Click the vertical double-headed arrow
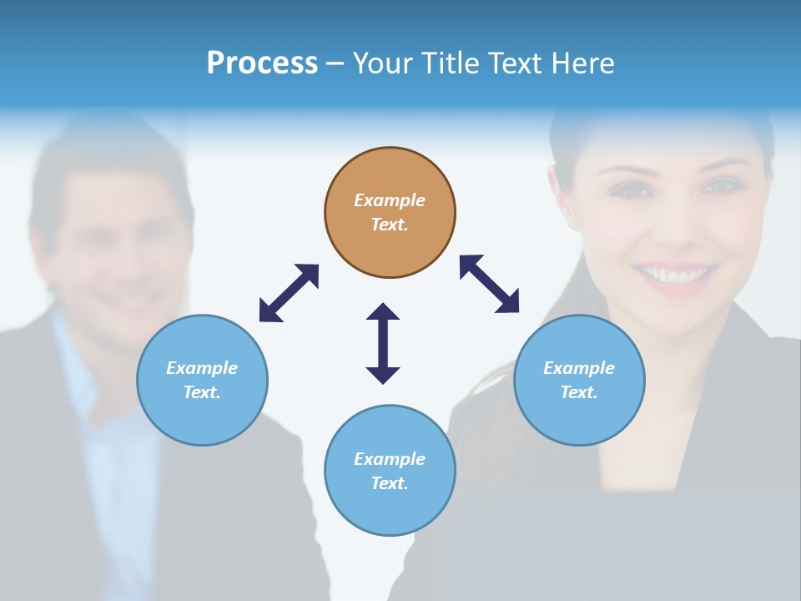383,343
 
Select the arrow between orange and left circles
289,293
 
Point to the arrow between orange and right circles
490,284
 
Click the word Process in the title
262,63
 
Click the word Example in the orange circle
390,200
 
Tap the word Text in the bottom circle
390,483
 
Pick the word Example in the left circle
202,368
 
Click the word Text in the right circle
579,392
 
